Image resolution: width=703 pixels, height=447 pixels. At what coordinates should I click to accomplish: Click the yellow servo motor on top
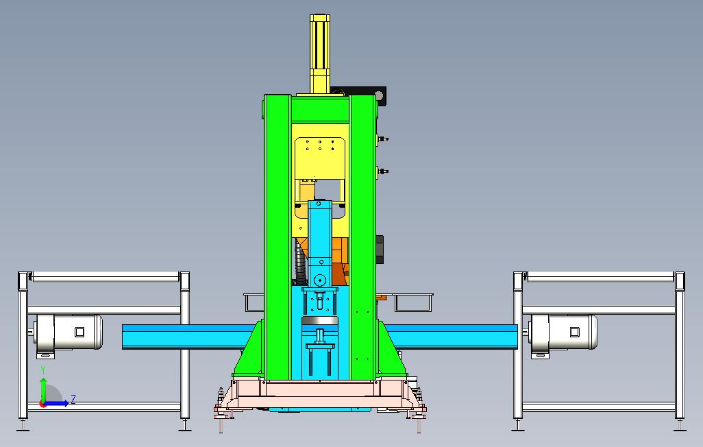click(x=320, y=54)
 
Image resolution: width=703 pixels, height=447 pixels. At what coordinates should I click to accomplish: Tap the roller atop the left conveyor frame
click(x=103, y=277)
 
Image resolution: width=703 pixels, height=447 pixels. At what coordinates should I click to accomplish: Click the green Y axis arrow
click(x=43, y=390)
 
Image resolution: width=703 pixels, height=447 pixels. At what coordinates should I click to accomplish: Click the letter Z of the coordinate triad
click(x=73, y=399)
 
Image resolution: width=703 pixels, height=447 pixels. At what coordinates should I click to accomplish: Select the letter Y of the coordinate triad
click(x=43, y=370)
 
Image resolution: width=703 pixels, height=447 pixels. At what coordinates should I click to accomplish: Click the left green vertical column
click(x=278, y=237)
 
